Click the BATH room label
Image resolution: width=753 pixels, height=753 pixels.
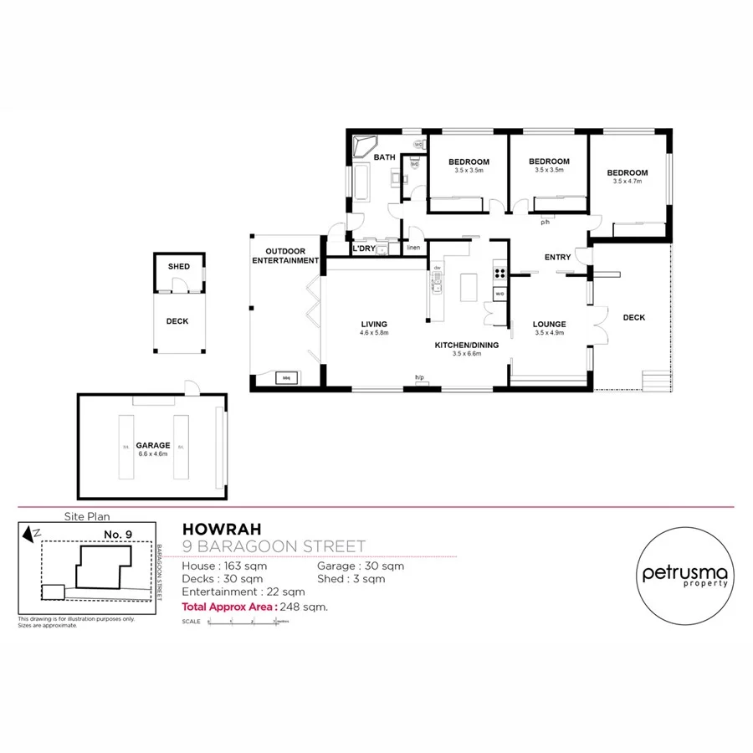[x=384, y=157]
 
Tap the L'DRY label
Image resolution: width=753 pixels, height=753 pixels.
[x=363, y=248]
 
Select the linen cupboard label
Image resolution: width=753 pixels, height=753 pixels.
[x=413, y=248]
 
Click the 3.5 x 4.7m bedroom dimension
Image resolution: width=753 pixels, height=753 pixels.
[x=630, y=181]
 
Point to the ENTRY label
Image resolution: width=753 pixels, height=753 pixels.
[x=557, y=257]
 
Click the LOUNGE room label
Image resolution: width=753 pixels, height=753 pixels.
[x=550, y=324]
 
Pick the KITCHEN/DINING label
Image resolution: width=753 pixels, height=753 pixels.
[x=467, y=345]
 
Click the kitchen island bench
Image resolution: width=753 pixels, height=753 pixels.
[x=467, y=288]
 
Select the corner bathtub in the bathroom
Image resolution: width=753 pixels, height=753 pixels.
[x=366, y=150]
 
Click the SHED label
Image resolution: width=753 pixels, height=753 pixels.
[x=179, y=267]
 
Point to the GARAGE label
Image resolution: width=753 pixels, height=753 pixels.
[x=154, y=445]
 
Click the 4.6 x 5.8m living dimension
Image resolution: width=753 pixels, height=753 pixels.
[x=374, y=333]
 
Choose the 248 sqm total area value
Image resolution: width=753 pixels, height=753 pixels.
[x=305, y=607]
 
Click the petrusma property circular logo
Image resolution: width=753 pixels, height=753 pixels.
[x=684, y=575]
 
